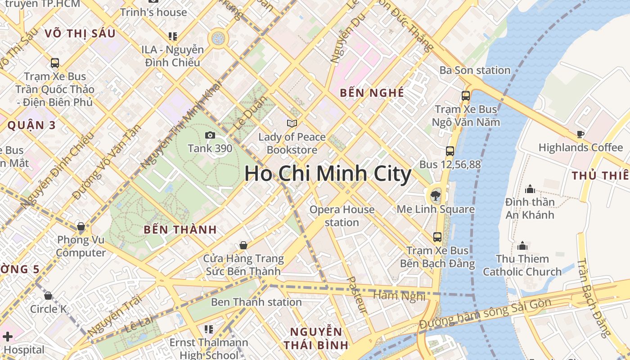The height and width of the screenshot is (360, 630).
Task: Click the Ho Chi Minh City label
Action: [x=328, y=174]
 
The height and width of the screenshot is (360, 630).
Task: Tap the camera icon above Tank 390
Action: [x=210, y=135]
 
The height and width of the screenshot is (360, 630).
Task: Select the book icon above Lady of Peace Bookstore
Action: [x=292, y=123]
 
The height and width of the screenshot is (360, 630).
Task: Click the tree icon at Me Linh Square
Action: [x=435, y=195]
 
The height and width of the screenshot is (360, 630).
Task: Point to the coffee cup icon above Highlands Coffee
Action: [x=580, y=134]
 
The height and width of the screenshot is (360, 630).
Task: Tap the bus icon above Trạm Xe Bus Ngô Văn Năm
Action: [x=465, y=96]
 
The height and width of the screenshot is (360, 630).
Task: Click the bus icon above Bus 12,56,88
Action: [x=450, y=151]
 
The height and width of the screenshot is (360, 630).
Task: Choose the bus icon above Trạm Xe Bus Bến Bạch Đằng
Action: [x=437, y=237]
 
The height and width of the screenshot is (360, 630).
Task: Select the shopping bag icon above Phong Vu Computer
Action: [x=81, y=226]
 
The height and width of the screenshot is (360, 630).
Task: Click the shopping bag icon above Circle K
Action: [x=48, y=296]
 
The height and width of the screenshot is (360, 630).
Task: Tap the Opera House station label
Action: [x=342, y=216]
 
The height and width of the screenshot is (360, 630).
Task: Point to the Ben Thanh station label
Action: [x=256, y=301]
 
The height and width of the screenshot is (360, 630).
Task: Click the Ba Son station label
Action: [x=475, y=70]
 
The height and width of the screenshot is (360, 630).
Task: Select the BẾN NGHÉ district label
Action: [x=372, y=93]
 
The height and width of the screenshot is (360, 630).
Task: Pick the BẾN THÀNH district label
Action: [x=180, y=229]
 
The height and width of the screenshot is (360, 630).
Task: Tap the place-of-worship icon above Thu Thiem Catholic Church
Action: [x=522, y=246]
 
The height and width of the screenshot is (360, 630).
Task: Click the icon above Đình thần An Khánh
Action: [x=530, y=189]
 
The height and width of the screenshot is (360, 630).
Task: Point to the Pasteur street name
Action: [x=357, y=295]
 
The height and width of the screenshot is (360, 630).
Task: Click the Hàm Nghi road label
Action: [x=400, y=296]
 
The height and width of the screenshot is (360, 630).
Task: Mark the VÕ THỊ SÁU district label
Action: [x=80, y=33]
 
